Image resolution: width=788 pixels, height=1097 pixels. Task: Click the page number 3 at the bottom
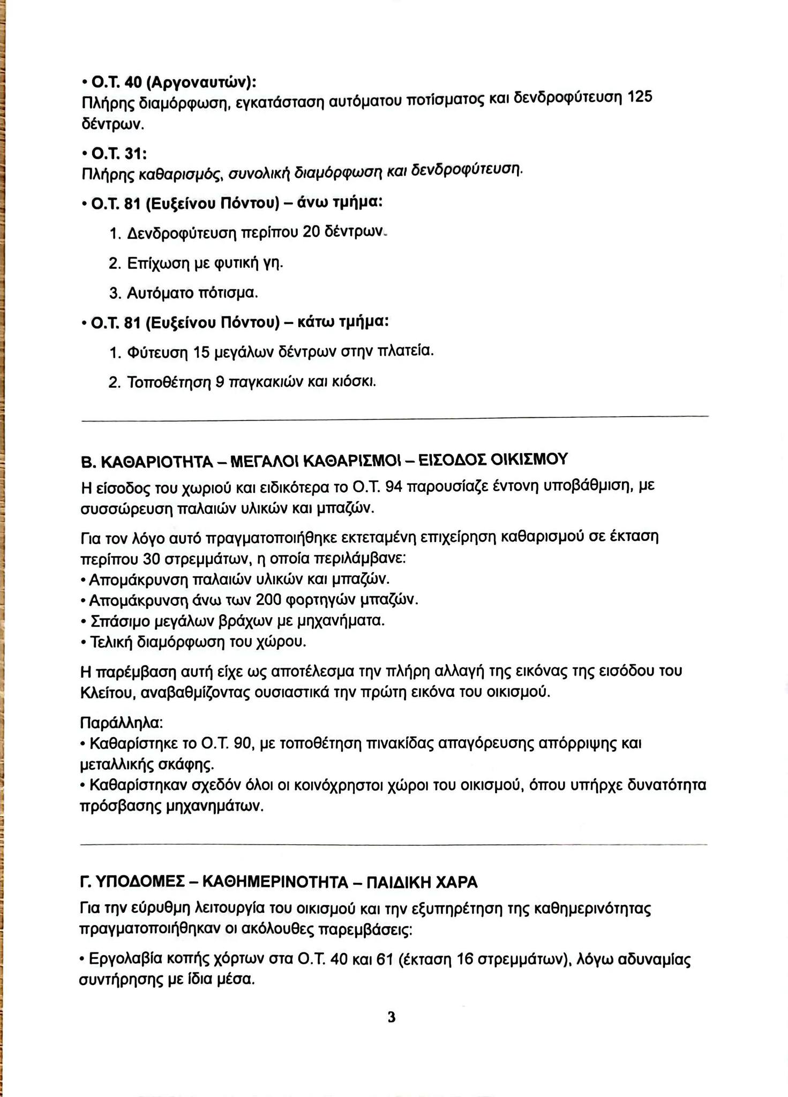click(392, 1017)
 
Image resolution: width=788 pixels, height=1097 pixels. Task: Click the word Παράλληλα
click(121, 723)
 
